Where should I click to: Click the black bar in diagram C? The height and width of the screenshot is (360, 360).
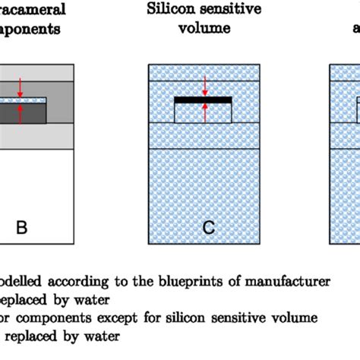point(203,99)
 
